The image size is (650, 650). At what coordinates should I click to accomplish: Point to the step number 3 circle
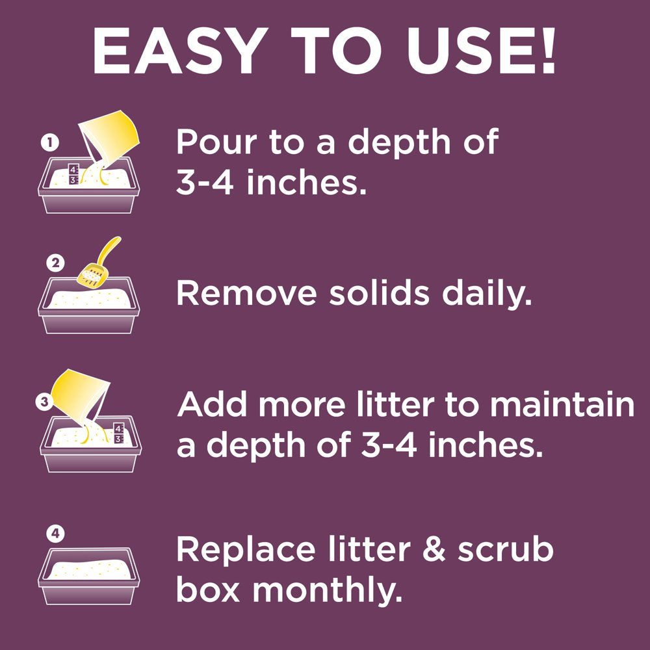coord(43,402)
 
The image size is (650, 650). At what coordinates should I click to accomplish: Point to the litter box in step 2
coord(88,305)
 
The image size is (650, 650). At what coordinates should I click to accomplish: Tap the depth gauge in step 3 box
coord(118,434)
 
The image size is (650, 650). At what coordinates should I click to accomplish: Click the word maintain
coord(562,404)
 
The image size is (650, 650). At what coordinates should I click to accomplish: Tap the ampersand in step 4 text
coord(433,550)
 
